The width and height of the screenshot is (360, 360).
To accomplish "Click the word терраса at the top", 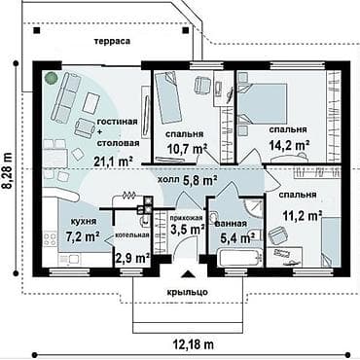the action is (112, 41).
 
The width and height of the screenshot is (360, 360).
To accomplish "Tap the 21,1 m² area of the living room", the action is (113, 161).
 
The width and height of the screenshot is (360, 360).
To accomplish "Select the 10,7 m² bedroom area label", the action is (187, 149).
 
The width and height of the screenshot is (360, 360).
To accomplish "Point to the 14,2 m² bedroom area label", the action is (289, 144).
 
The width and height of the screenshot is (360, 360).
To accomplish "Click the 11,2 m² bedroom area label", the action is (303, 215).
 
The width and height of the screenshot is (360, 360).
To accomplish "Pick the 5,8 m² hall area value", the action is (200, 180).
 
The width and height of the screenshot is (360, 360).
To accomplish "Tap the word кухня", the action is (84, 222).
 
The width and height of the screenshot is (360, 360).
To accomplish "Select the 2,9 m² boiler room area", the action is (132, 258).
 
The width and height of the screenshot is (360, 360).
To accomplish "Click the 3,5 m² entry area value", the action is (187, 230).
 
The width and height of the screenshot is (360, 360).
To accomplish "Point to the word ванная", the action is (231, 224).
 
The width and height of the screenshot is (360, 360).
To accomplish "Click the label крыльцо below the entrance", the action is (188, 292).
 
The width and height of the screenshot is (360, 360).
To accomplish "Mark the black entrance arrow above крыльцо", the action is (187, 274).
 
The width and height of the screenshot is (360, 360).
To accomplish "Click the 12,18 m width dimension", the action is (192, 343).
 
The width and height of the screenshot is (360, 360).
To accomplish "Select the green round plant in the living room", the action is (51, 78).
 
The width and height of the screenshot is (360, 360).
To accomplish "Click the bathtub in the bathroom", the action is (241, 258).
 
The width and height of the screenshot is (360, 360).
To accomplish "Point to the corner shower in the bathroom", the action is (253, 208).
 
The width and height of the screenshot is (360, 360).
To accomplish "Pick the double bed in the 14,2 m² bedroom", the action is (263, 104).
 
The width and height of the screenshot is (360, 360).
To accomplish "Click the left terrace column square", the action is (37, 30).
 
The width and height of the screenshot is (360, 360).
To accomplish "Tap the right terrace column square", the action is (185, 30).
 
